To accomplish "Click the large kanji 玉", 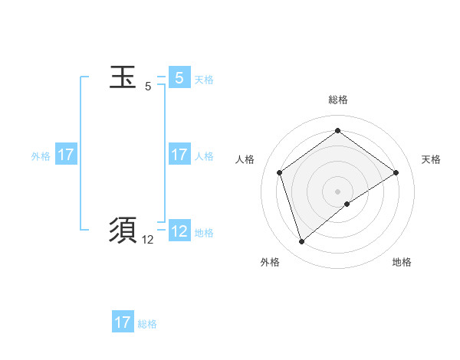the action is (123, 77).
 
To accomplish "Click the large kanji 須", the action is (123, 230).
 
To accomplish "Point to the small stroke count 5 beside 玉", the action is (148, 87).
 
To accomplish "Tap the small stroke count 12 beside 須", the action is (148, 240).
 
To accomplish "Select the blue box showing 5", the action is (179, 78).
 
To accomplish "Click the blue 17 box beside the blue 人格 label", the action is (179, 155).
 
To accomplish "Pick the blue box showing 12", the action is (179, 231).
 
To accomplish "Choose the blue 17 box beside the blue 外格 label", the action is (66, 155).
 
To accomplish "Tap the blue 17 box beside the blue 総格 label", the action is (123, 322).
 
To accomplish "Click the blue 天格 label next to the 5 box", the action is (204, 80).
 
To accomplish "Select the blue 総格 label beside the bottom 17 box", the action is (147, 324).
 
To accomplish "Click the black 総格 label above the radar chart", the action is (337, 100).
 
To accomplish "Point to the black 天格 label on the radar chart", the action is (431, 159).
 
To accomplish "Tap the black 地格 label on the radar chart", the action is (402, 262).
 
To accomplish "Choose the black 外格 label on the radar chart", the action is (270, 262).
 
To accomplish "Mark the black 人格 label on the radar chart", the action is (245, 159).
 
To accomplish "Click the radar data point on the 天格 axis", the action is (396, 172).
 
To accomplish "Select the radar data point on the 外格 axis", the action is (301, 242).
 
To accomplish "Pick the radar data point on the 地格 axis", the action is (347, 204).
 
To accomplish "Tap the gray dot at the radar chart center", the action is (337, 191).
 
